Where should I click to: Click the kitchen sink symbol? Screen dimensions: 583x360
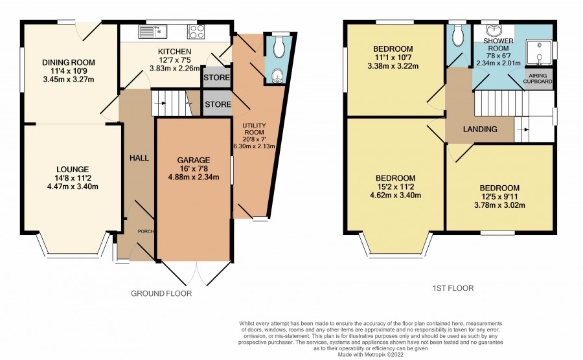[153, 32]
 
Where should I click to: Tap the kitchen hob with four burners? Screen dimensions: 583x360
[196, 32]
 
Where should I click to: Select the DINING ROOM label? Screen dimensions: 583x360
[69, 62]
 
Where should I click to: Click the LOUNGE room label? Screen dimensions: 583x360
[73, 170]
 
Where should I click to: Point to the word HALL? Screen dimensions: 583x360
[139, 158]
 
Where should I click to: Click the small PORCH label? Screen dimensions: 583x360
[146, 231]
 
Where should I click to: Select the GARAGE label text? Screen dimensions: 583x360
[193, 160]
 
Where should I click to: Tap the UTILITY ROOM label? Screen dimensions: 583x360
[255, 129]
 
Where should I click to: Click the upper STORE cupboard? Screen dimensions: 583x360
[217, 77]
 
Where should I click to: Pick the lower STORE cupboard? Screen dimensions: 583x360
[218, 104]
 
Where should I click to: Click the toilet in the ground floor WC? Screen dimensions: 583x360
[279, 47]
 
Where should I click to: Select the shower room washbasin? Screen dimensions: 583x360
[494, 30]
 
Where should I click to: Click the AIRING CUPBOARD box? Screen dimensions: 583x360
[538, 78]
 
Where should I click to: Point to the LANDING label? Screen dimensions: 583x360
[480, 129]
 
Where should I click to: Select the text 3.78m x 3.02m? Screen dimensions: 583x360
[499, 205]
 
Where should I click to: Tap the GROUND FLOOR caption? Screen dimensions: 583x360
[161, 293]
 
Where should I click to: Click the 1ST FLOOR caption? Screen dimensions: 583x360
[453, 288]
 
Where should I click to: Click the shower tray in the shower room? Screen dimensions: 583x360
[539, 51]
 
